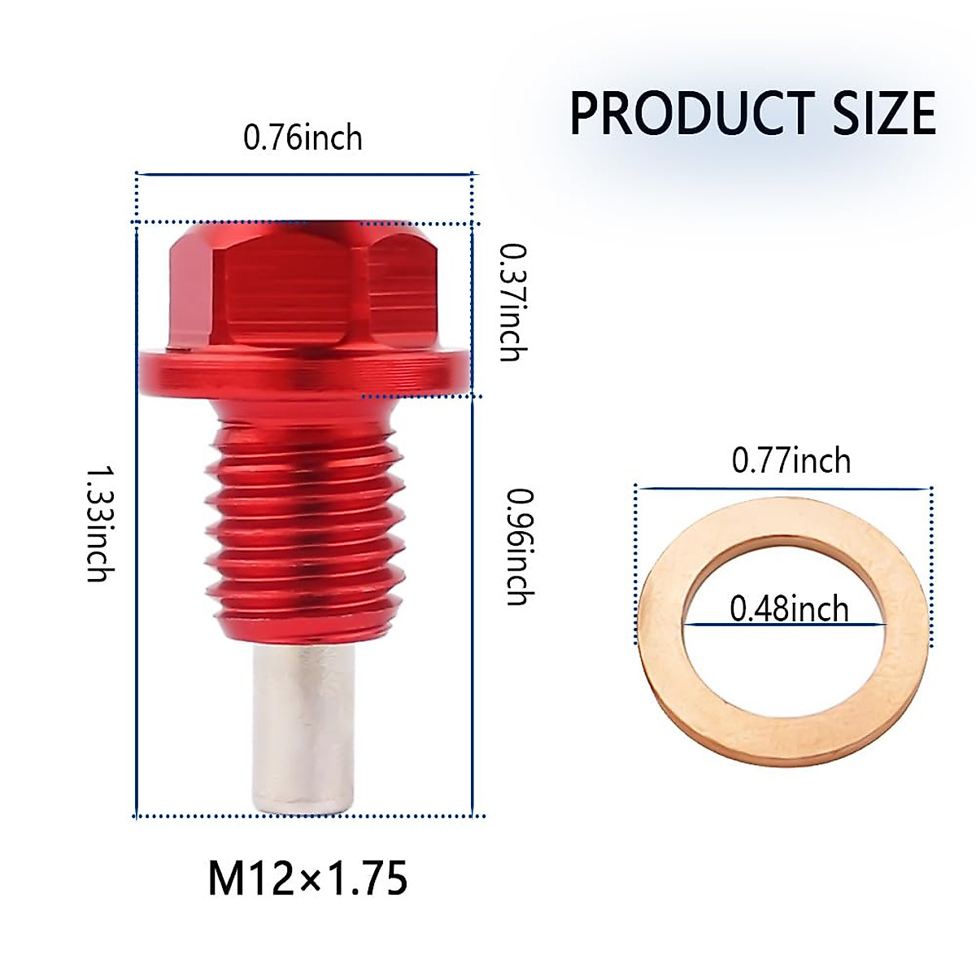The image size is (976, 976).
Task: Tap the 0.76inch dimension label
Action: click(303, 137)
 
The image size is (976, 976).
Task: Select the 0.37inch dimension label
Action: click(513, 302)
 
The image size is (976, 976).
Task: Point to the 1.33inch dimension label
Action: click(98, 523)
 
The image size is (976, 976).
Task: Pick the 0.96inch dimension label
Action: click(519, 546)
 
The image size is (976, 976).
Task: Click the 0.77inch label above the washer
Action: click(791, 461)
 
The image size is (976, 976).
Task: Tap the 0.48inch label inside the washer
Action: click(789, 608)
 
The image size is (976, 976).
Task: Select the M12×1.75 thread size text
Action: click(307, 879)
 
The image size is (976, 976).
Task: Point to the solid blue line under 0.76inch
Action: click(303, 173)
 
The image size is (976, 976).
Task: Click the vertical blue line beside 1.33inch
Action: click(135, 521)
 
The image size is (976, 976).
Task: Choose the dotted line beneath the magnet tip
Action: click(309, 815)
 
